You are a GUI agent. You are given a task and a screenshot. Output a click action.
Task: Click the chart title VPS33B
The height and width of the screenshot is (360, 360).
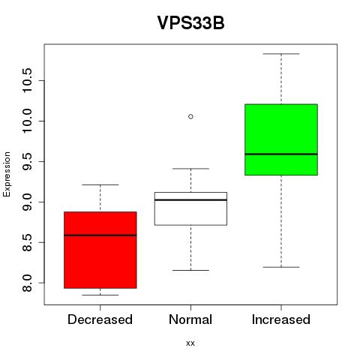point(190,23)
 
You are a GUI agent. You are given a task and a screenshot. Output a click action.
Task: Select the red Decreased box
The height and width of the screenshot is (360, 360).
point(100,250)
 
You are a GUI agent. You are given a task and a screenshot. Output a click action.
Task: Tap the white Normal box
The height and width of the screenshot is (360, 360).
point(190,208)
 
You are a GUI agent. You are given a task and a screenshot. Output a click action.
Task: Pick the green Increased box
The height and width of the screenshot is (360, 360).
point(281,139)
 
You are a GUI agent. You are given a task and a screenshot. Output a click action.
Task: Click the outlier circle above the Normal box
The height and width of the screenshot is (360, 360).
point(190,116)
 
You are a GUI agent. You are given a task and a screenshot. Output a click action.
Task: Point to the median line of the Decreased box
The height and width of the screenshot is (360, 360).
point(100,235)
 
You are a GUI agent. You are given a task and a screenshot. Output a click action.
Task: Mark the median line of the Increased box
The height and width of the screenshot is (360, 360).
point(281,154)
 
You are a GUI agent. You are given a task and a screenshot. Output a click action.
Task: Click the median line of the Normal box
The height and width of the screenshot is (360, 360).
point(190,200)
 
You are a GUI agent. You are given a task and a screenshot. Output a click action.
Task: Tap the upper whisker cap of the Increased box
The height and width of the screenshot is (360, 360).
point(281,54)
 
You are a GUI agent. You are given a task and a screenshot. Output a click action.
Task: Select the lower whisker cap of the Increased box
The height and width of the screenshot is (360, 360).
point(281,267)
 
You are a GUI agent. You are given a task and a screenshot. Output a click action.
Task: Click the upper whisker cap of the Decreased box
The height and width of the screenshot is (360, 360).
point(100,184)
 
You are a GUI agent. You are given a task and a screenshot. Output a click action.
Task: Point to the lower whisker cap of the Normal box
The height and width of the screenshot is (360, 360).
point(190,270)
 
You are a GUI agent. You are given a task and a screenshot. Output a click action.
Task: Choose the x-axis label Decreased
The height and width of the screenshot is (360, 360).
point(100,319)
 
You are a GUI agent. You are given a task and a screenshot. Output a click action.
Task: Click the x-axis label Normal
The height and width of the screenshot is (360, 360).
point(190,319)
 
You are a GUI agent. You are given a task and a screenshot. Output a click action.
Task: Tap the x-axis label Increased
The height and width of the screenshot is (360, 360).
point(281,319)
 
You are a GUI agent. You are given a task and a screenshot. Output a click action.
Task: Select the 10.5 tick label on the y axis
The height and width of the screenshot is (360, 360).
point(27,80)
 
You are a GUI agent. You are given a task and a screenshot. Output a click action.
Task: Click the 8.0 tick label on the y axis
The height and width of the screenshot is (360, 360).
point(27,283)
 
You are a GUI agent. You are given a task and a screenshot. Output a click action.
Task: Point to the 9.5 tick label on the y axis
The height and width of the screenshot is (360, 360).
point(27,161)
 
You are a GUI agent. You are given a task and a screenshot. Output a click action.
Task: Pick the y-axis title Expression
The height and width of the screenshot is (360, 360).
point(7,174)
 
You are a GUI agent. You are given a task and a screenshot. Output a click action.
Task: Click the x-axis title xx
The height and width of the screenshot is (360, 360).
point(190,343)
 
